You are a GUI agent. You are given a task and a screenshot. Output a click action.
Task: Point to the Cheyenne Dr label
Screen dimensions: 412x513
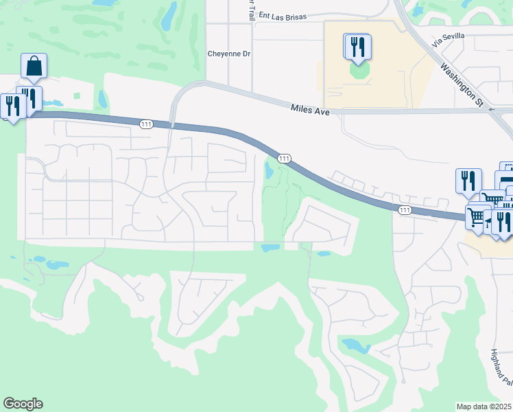pyautogui.click(x=230, y=54)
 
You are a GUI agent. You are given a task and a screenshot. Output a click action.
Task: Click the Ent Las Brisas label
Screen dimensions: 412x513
pyautogui.click(x=281, y=15)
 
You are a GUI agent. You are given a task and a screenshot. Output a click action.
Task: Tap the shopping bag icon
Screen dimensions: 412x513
pyautogui.click(x=34, y=67)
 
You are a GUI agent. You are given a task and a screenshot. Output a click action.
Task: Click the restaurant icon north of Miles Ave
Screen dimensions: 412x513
pyautogui.click(x=357, y=47)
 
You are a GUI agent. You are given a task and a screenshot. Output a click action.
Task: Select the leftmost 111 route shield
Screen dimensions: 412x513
pyautogui.click(x=145, y=124)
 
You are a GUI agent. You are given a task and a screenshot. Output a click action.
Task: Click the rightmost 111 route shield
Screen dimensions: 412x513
pyautogui.click(x=405, y=209)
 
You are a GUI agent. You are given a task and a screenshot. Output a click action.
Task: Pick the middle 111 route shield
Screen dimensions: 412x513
pyautogui.click(x=283, y=159)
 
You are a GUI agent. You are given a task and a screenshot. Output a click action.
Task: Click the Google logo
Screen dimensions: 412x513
pyautogui.click(x=23, y=404)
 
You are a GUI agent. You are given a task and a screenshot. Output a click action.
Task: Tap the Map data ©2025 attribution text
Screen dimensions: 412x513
pyautogui.click(x=484, y=407)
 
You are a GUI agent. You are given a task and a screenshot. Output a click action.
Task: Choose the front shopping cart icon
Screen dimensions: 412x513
pyautogui.click(x=476, y=216)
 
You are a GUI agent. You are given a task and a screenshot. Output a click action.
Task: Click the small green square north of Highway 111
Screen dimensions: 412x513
pyautogui.click(x=77, y=97)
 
